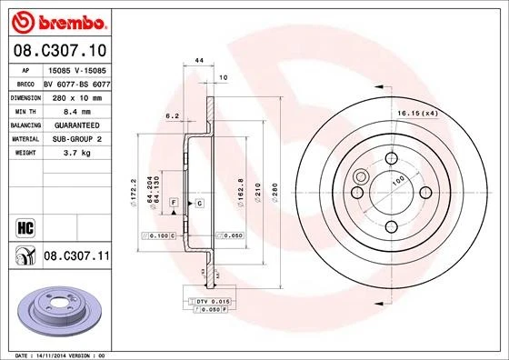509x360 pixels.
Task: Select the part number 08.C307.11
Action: (x=75, y=258)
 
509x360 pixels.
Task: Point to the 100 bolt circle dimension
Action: (x=396, y=181)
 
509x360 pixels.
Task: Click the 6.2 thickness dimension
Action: (x=171, y=115)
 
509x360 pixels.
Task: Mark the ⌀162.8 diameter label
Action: (x=238, y=192)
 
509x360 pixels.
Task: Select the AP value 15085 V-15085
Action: (x=74, y=69)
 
